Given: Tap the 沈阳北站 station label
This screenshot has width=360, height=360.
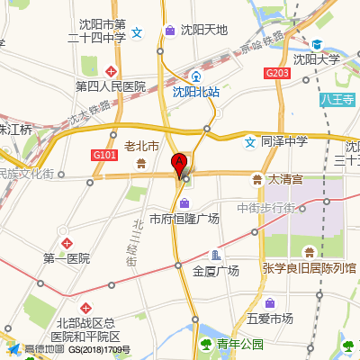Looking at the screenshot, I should tap(196, 91).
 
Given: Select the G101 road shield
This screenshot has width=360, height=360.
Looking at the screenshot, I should tap(104, 155).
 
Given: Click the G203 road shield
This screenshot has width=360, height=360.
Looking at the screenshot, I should tap(277, 73).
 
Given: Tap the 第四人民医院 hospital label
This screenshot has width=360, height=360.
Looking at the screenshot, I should tap(111, 86).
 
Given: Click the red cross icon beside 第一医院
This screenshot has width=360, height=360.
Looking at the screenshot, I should tap(67, 243).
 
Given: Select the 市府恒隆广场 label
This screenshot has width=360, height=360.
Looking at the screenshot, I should tap(184, 219).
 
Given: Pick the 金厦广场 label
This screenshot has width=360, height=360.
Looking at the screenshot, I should tap(216, 270).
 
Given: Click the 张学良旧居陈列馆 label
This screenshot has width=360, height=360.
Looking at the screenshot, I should tap(310, 268).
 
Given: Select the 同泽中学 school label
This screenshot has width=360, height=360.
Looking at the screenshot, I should tap(284, 141).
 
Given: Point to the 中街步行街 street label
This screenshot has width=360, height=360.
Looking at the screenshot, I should tap(266, 209).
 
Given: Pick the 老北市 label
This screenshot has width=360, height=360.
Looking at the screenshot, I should tap(141, 146).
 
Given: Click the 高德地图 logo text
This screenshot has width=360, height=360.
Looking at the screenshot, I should tap(43, 349).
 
